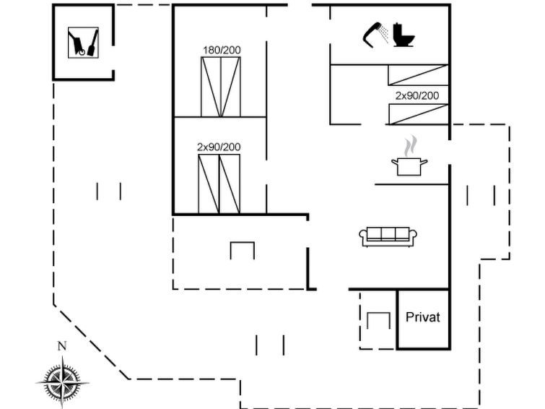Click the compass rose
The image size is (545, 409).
[62, 382]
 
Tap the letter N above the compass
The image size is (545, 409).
[62, 346]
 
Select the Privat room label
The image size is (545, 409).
[423, 317]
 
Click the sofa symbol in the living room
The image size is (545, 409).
[388, 237]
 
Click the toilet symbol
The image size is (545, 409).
[404, 35]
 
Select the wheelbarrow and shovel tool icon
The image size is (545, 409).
[83, 43]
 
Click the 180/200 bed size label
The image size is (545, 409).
[222, 50]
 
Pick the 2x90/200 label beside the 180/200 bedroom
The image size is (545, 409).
[219, 147]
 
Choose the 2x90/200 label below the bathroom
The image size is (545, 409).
[417, 95]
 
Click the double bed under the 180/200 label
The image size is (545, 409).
[221, 87]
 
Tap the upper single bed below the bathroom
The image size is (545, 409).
[418, 75]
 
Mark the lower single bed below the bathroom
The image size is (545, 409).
[418, 114]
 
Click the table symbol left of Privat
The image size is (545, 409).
[378, 320]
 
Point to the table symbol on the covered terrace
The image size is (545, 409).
[243, 251]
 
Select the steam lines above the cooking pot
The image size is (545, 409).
[410, 146]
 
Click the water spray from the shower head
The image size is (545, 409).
[384, 34]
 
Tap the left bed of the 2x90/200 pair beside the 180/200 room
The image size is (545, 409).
[209, 184]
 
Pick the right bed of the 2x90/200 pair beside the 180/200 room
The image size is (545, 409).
[230, 184]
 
